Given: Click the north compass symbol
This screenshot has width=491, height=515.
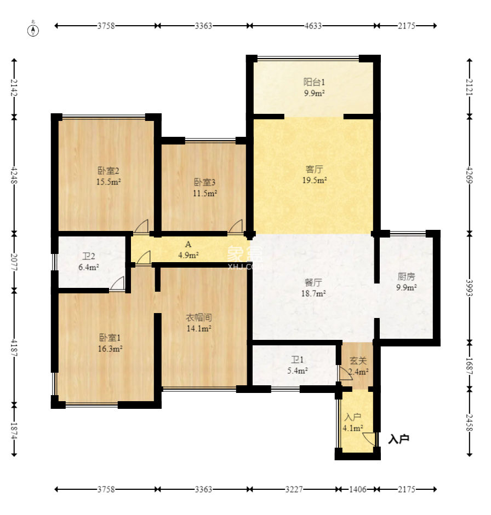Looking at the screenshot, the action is (x=33, y=29).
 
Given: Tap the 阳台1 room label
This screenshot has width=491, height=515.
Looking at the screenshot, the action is (x=314, y=82).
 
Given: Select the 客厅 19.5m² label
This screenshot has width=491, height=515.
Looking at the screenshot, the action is (x=315, y=175).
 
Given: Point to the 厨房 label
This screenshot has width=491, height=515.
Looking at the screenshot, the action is (x=406, y=276).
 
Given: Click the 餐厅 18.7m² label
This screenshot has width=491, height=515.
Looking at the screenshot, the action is (x=313, y=288).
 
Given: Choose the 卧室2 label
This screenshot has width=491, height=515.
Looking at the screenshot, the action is (x=108, y=170).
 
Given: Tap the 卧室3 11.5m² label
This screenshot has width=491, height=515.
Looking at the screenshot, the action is (x=204, y=188).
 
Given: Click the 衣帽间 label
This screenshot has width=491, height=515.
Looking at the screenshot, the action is (x=199, y=317).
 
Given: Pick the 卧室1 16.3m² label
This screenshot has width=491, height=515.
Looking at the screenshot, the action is (x=110, y=343).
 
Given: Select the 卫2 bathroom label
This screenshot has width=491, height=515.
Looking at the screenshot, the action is (x=88, y=256).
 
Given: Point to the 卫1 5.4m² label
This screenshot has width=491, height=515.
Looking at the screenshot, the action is (x=298, y=365).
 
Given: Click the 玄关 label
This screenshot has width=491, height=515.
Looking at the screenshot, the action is (x=358, y=361).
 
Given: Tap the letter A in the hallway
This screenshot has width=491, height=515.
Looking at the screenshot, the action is (x=188, y=244).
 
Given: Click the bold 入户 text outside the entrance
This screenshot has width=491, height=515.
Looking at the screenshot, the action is (x=398, y=439).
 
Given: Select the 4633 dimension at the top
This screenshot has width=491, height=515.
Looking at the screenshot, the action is (x=313, y=26).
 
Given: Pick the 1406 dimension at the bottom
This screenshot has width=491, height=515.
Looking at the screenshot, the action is (x=357, y=489).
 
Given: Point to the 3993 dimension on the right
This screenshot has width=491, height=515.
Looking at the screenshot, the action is (x=470, y=288).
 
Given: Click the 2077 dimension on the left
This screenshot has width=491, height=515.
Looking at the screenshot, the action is (x=14, y=262).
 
